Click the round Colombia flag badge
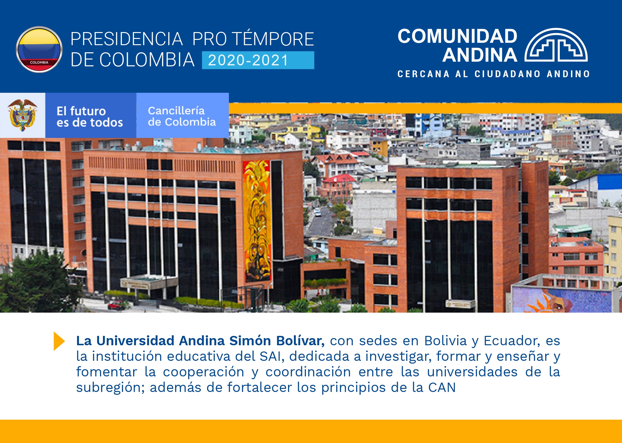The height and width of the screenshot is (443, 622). pos(39,49)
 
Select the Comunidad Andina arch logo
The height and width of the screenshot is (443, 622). pos(556,45)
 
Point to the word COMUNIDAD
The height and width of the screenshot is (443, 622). pos(457,36)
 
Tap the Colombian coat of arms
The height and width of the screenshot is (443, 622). pos(22,115)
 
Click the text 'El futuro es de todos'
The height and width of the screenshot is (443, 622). pos(90,117)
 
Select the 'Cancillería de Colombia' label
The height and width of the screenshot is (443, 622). pos(182,116)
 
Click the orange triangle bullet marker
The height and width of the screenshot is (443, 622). pos(59,341)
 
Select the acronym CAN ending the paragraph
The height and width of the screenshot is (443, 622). pos(442,387)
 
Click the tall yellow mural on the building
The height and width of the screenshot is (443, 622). pos(257,220)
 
